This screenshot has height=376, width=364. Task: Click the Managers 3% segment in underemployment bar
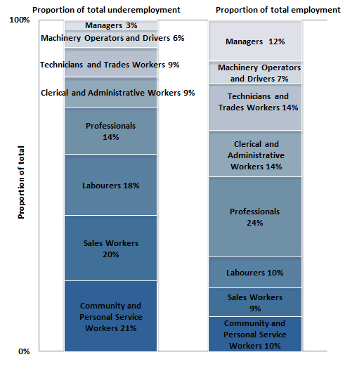(110, 25)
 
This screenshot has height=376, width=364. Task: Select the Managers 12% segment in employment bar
(254, 41)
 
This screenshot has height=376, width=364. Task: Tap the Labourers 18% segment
(110, 186)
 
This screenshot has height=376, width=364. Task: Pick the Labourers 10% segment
(254, 272)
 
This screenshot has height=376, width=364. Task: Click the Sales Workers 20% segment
(110, 248)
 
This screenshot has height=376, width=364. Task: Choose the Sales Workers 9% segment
(254, 302)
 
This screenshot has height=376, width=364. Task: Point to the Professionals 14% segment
(110, 131)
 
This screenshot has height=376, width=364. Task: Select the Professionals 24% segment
(254, 216)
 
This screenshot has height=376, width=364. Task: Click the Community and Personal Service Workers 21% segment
(110, 316)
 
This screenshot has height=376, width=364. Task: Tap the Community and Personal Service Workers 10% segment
(254, 334)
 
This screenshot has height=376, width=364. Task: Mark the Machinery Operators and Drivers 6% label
(112, 38)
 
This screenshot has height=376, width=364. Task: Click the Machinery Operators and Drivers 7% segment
(254, 73)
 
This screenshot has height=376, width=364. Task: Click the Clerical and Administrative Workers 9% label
(117, 93)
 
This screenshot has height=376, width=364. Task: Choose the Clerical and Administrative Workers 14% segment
(254, 155)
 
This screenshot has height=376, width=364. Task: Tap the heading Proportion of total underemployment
(106, 10)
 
